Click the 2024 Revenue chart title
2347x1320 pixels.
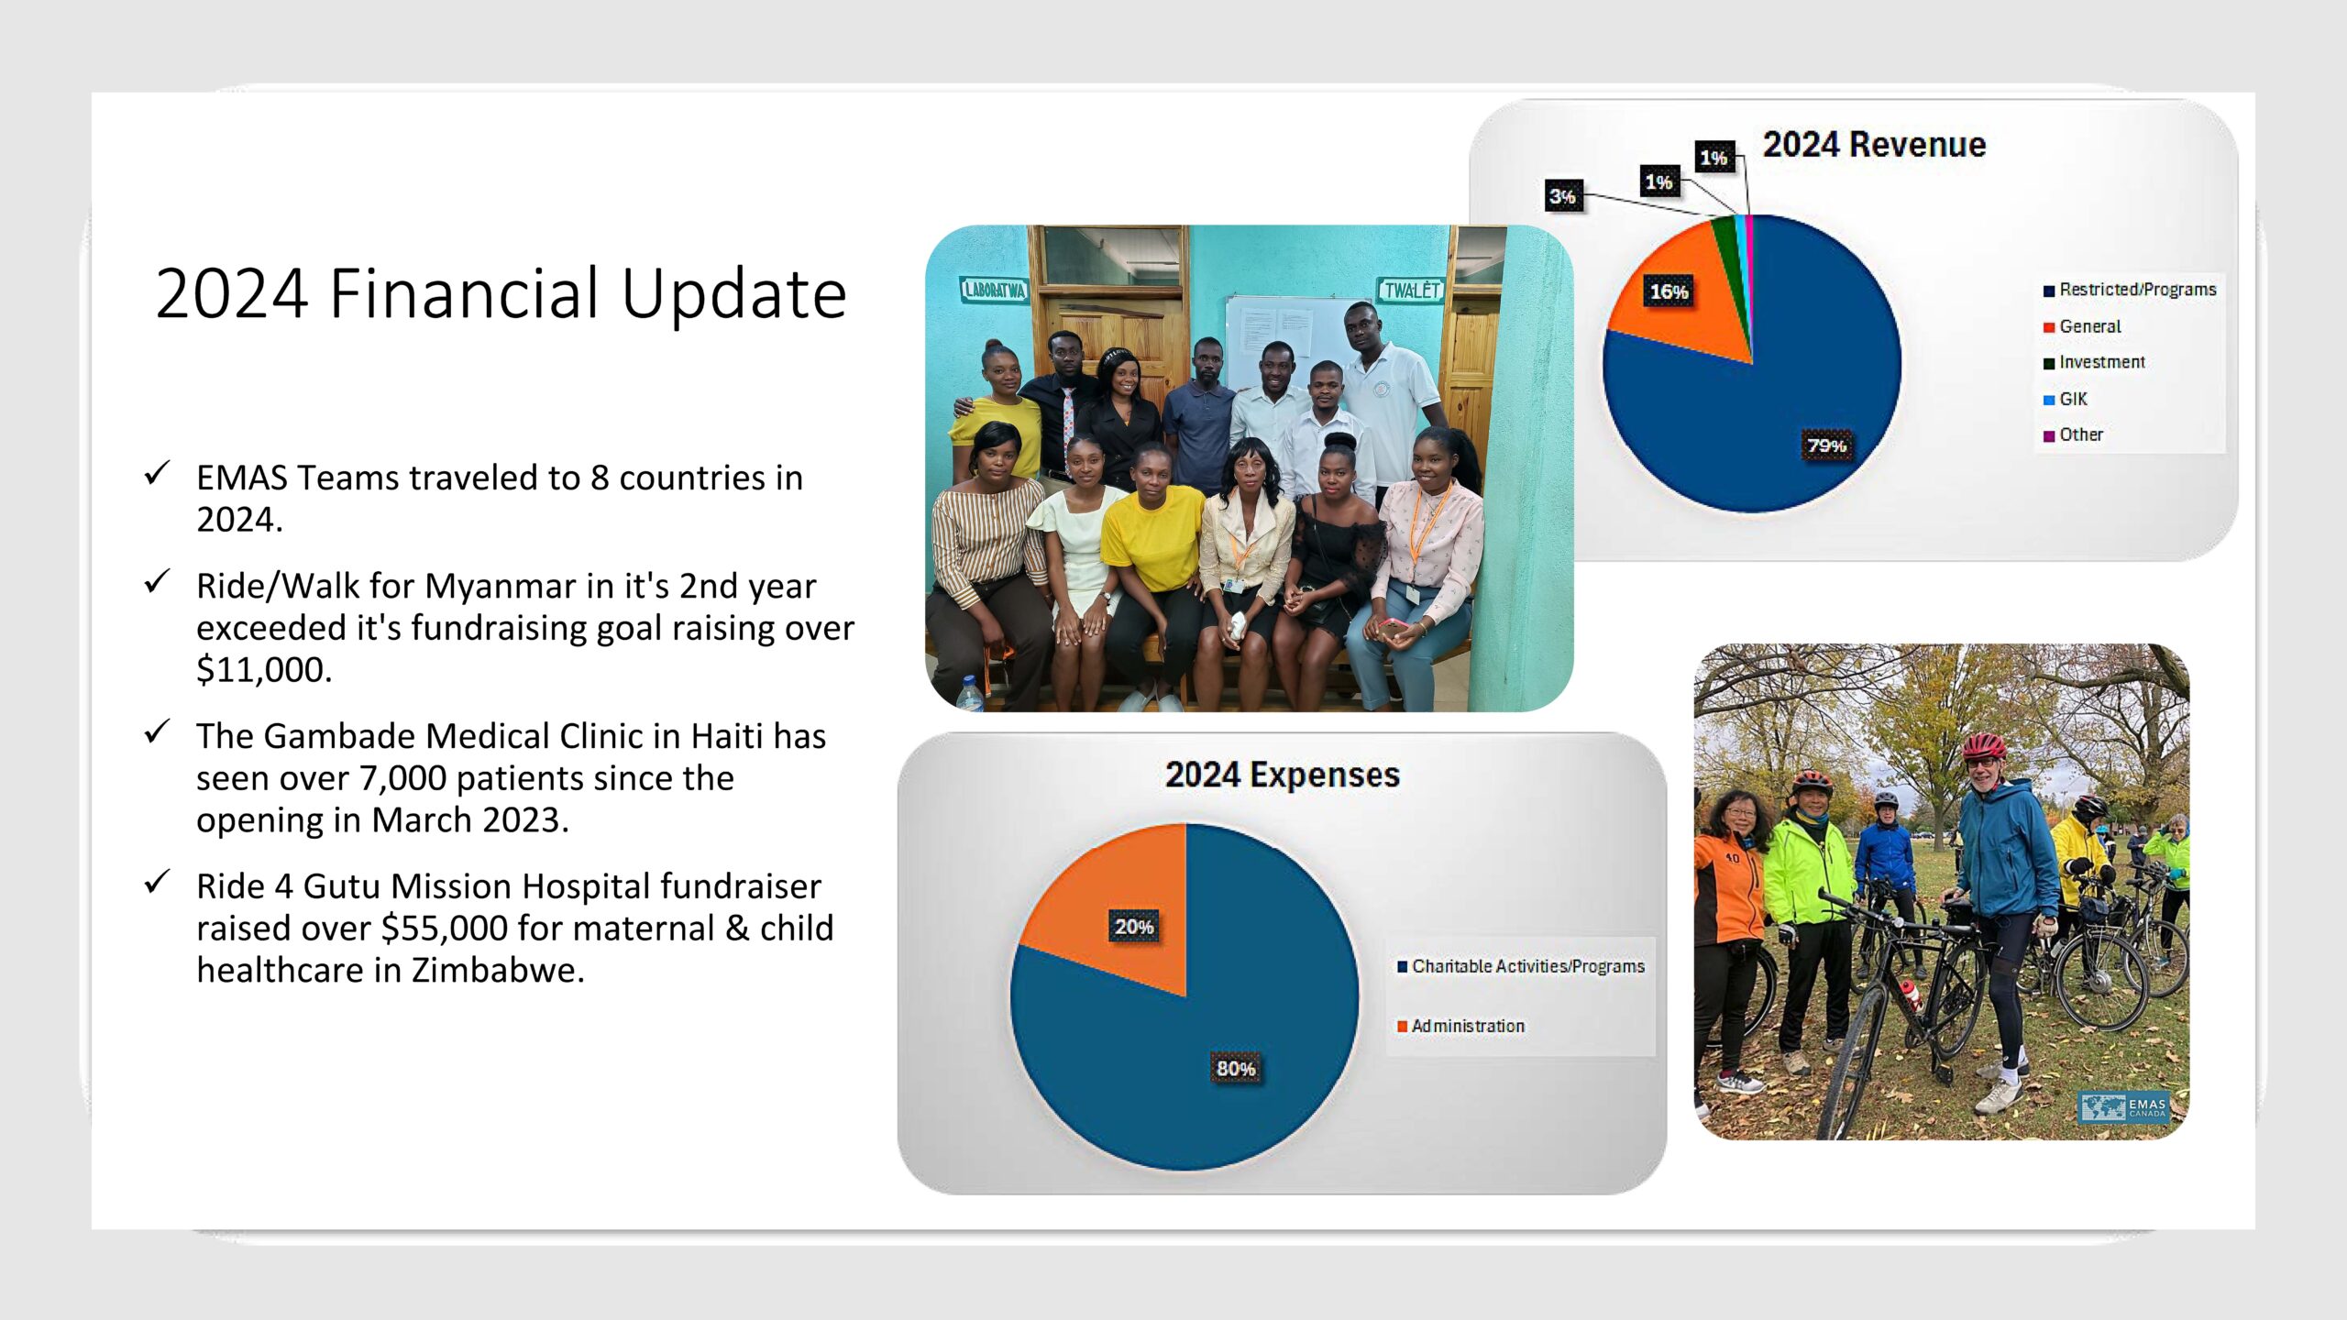1874,145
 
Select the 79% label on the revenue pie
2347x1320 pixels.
1826,445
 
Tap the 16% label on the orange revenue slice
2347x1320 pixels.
1669,291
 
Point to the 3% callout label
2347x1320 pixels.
1563,196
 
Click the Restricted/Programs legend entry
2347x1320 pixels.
2129,290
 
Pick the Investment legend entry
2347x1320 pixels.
2094,362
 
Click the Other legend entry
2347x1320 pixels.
2073,434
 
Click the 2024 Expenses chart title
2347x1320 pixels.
1283,775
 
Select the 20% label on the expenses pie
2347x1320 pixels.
1134,927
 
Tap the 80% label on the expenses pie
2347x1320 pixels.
1236,1069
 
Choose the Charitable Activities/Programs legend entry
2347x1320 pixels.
1521,966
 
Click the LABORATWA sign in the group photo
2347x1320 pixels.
994,291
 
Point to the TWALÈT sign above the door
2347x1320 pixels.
1412,291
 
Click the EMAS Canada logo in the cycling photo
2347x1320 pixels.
2123,1107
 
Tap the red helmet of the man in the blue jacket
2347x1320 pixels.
1983,745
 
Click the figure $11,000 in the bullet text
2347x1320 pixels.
264,670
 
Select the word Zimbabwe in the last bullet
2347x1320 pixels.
498,970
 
